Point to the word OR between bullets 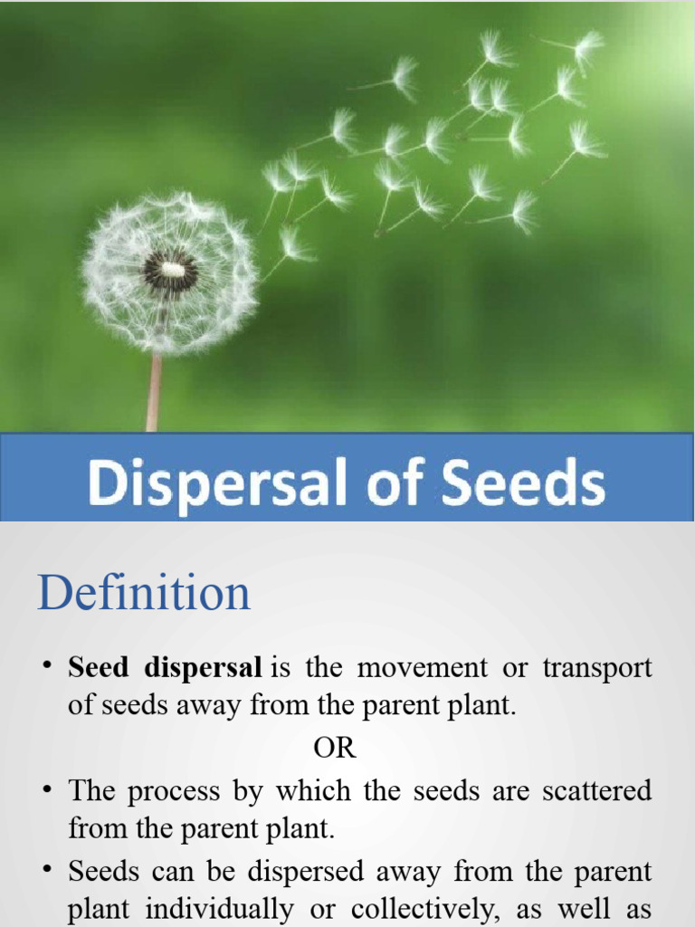tap(335, 749)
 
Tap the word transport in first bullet tap(597, 668)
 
